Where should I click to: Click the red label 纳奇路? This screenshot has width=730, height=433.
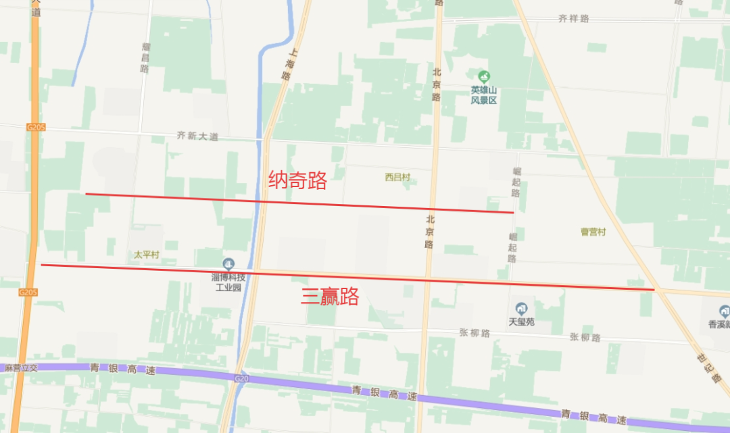[x=297, y=180]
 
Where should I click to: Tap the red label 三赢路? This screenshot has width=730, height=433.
[x=329, y=297]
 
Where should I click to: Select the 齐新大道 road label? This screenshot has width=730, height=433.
[x=197, y=136]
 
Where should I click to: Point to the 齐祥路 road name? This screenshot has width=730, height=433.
[x=574, y=18]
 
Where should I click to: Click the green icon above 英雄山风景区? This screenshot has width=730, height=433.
[x=483, y=76]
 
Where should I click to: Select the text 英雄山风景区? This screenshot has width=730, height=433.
[x=484, y=95]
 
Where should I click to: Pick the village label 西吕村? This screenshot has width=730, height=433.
[x=397, y=177]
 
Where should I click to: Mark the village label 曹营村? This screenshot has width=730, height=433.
[x=593, y=232]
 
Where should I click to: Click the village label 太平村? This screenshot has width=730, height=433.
[x=145, y=255]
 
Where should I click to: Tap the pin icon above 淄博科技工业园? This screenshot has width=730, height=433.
[x=228, y=263]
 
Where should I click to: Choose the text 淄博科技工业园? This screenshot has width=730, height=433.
[x=228, y=282]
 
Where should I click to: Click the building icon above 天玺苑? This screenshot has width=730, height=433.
[x=521, y=308]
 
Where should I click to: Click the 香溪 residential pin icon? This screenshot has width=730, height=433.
[x=724, y=311]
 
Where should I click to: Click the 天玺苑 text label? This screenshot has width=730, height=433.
[x=521, y=322]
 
